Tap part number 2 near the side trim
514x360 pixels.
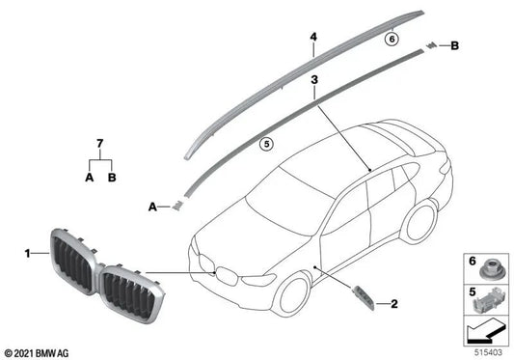pyautogui.click(x=394, y=304)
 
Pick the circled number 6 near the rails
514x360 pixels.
pyautogui.click(x=391, y=40)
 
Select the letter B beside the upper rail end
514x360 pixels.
pyautogui.click(x=455, y=45)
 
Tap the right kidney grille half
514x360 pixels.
pyautogui.click(x=128, y=290)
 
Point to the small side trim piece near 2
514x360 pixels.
pyautogui.click(x=365, y=296)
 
